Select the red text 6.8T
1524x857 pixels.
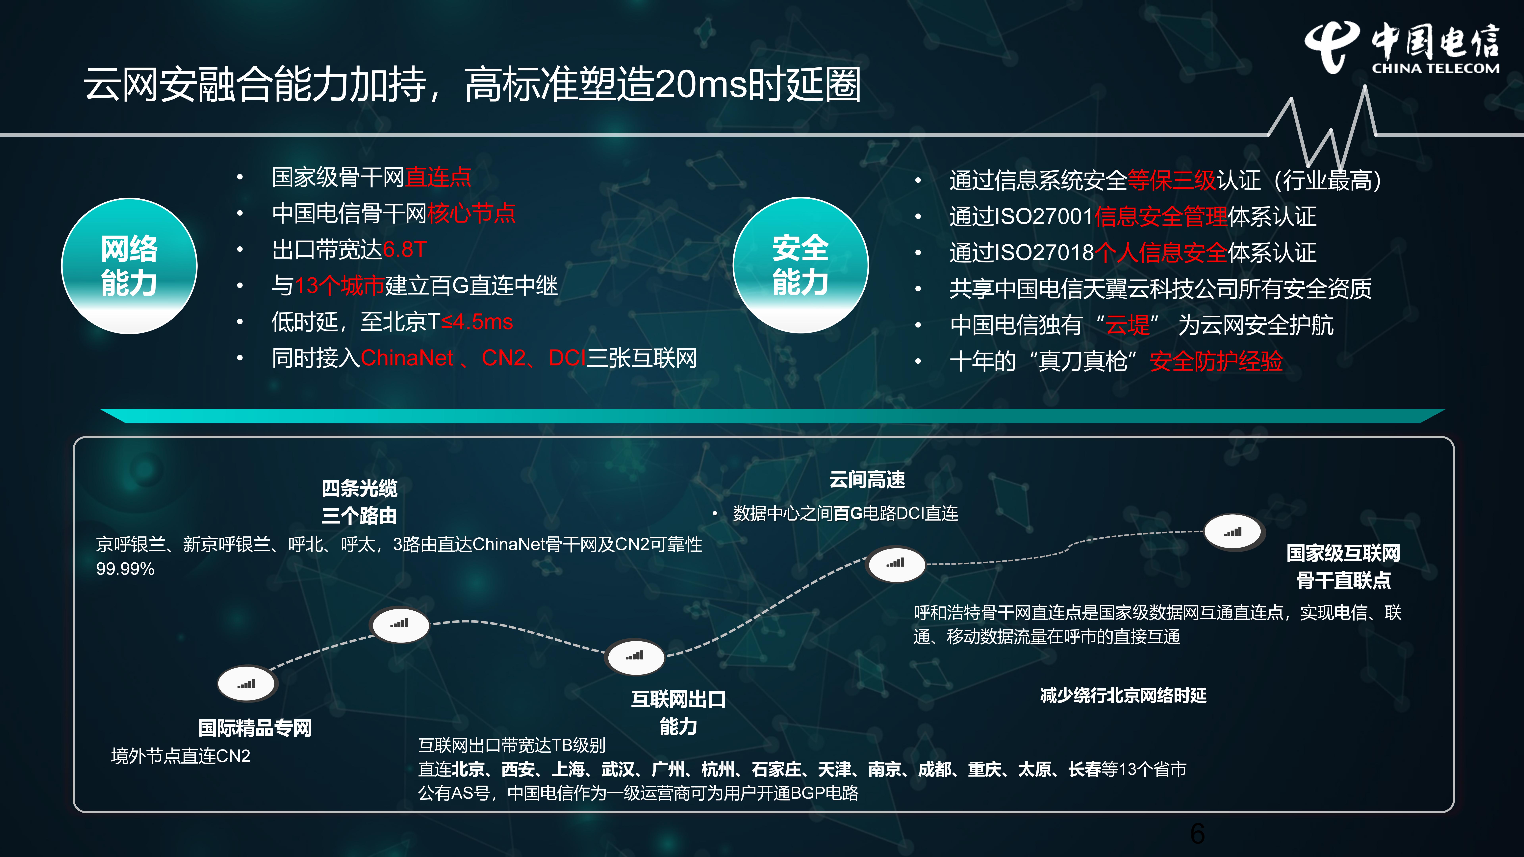pos(405,250)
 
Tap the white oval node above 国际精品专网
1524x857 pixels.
pos(247,684)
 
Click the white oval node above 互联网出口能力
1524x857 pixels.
pos(635,656)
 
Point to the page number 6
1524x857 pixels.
pos(1197,834)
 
